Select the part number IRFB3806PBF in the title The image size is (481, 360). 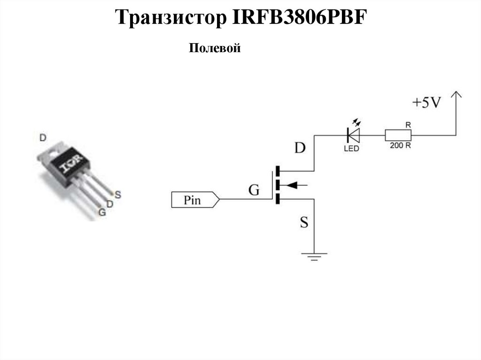(x=298, y=19)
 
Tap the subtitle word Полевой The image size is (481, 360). (x=215, y=48)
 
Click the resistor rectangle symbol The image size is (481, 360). (x=398, y=135)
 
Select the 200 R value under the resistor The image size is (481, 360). (x=401, y=146)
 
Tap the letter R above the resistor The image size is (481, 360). (x=408, y=125)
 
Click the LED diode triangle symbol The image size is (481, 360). (x=353, y=135)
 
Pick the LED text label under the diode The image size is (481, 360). (x=351, y=148)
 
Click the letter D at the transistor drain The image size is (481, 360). (x=300, y=149)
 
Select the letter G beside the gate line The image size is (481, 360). (x=254, y=190)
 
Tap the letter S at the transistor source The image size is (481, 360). (x=304, y=222)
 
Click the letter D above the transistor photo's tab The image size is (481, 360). (x=43, y=138)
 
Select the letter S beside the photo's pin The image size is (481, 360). (x=117, y=193)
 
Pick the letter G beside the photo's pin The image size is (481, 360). (x=101, y=212)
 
